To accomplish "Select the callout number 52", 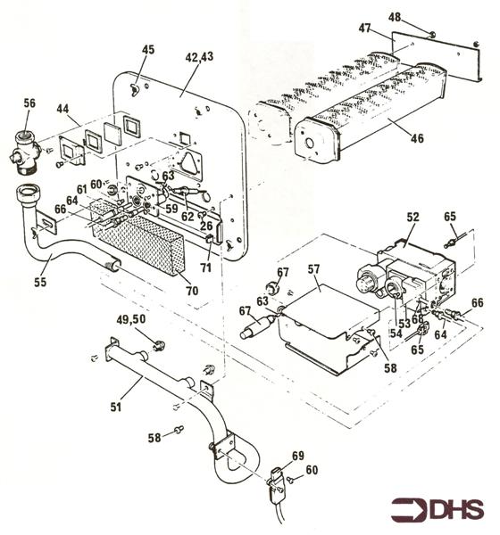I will click(413, 217).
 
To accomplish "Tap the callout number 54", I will click(395, 333).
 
